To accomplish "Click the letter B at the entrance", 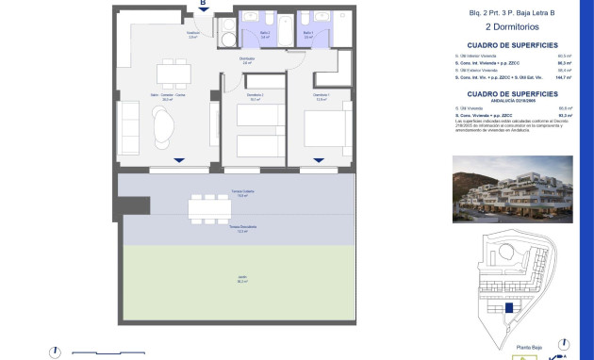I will [202, 4].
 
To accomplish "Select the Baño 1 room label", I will [308, 33].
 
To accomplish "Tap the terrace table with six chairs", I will [203, 206].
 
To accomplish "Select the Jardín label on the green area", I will [241, 279].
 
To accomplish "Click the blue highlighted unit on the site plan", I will [510, 307].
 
